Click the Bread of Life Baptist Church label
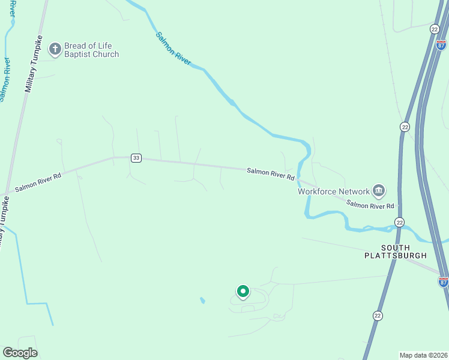(92, 50)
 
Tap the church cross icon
(55, 49)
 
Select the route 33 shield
(136, 158)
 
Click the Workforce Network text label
(334, 191)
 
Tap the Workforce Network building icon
(379, 191)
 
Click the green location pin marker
(243, 292)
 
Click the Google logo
(20, 352)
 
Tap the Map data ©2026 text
(423, 355)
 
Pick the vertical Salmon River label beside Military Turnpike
(5, 79)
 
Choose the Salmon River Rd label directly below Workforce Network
(370, 205)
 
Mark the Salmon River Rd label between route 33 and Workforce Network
(271, 174)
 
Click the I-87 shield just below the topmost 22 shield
(441, 45)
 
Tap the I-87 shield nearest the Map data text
(443, 281)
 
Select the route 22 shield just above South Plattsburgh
(399, 222)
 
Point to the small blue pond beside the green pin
(202, 300)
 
